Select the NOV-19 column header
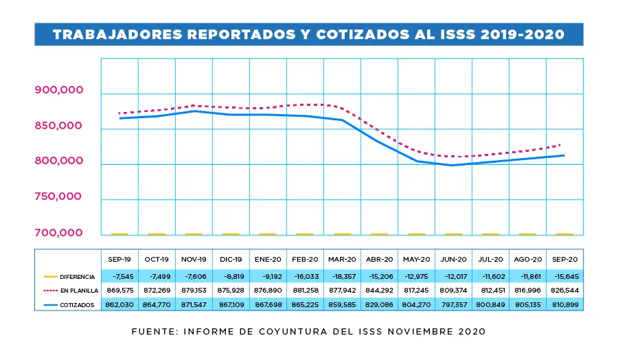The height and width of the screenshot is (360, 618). point(194,260)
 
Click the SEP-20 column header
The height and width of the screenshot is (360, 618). point(564,260)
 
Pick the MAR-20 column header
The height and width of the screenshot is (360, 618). point(342,260)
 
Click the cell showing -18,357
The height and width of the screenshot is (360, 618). point(342,276)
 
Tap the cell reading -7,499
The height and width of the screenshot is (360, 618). point(157,276)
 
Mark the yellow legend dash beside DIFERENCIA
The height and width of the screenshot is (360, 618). point(49,276)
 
